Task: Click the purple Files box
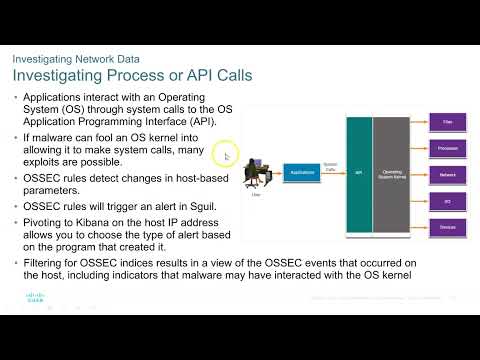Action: (447, 122)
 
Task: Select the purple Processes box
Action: (447, 148)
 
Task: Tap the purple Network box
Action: (447, 174)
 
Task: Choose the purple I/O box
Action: (447, 200)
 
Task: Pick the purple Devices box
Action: (447, 226)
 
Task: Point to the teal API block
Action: (358, 172)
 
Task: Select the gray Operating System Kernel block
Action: (392, 172)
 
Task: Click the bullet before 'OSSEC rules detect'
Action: (16, 178)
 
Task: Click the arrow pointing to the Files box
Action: (423, 122)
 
